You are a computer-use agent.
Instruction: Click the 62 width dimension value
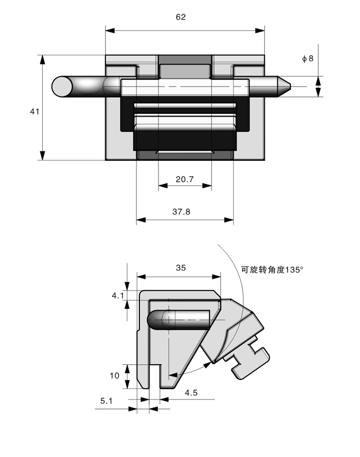tap(181, 17)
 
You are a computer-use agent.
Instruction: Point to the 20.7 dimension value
tap(185, 180)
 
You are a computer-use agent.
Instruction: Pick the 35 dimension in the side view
tap(180, 268)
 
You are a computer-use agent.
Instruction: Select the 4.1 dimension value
tap(117, 296)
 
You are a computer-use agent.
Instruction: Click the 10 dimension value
tap(114, 375)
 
